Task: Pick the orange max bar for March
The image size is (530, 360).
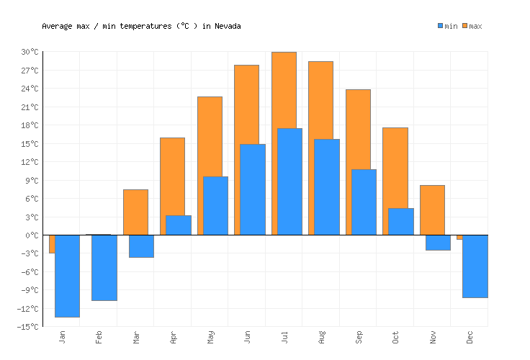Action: point(135,212)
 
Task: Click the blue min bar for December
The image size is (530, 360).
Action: point(475,266)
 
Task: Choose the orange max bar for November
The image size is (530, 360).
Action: point(432,210)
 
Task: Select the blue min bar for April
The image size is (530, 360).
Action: point(179,225)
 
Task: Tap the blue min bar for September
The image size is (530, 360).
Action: point(364,202)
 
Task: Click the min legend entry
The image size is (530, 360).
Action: point(447,26)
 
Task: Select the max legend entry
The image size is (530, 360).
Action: point(472,26)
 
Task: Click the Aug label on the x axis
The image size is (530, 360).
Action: point(322,337)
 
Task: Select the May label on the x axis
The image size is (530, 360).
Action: point(210,337)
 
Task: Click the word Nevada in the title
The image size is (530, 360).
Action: point(228,26)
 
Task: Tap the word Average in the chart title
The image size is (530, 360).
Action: point(58,26)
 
